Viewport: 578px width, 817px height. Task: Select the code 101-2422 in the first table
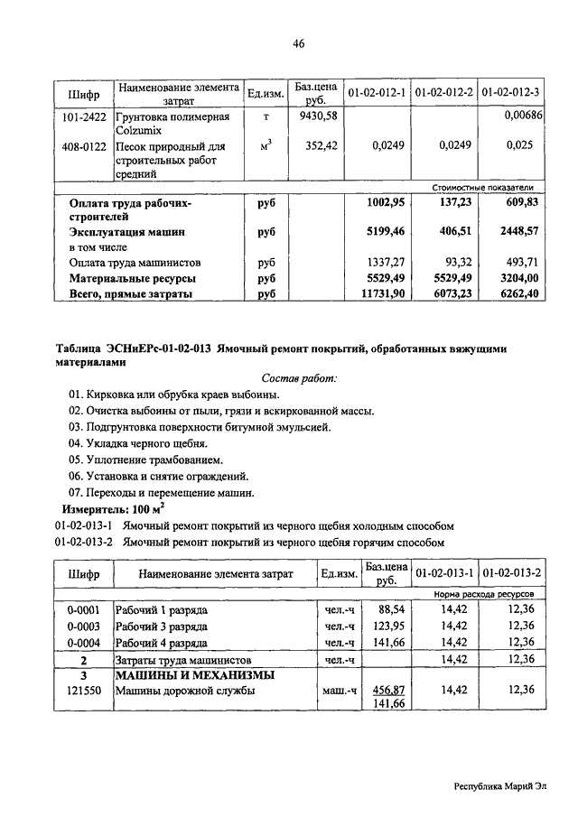pos(84,116)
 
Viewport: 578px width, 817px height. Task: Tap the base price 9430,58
pos(317,116)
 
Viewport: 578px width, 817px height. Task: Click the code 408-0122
pos(84,145)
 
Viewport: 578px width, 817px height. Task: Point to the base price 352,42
pos(321,144)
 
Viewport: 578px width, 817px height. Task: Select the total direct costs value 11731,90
pos(378,293)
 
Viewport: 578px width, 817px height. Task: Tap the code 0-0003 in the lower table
pos(83,627)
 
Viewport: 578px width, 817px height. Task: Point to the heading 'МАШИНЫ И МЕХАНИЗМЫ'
pos(194,674)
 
